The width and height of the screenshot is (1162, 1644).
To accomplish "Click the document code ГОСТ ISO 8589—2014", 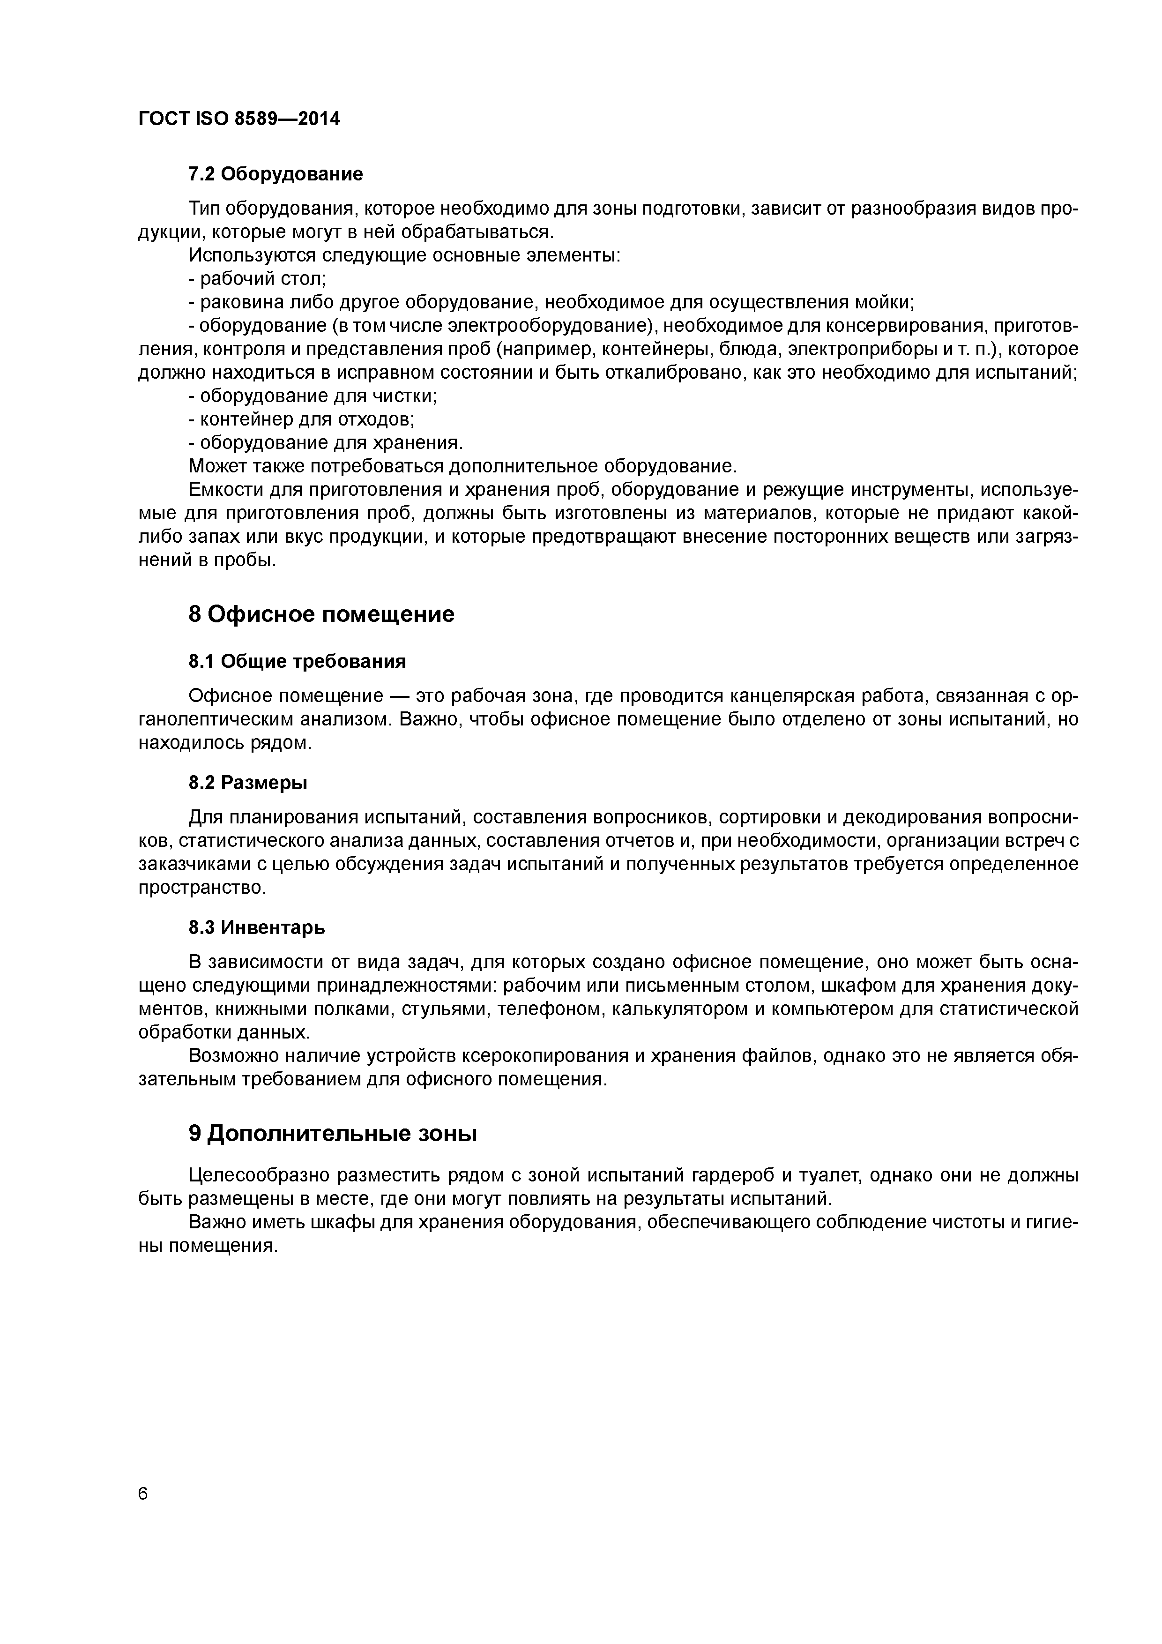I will [239, 119].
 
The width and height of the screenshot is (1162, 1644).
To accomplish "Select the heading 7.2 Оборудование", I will [276, 174].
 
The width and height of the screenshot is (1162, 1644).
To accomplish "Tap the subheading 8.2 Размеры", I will [248, 783].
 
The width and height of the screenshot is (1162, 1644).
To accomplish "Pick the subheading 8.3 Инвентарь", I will [256, 928].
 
